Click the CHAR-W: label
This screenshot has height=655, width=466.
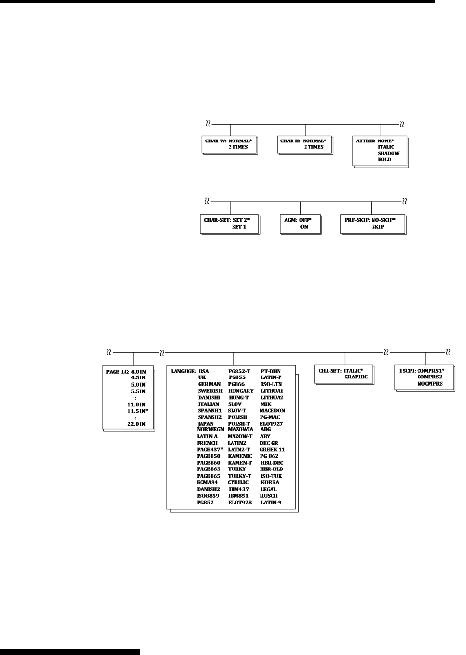tap(216, 140)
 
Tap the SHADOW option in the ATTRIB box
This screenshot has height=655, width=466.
tap(388, 153)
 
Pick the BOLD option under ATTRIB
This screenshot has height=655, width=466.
tap(384, 160)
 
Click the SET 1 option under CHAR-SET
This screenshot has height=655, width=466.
tap(239, 227)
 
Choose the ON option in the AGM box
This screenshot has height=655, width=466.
tap(304, 227)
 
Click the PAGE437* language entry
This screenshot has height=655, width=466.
tap(210, 449)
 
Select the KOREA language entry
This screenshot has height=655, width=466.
tap(270, 482)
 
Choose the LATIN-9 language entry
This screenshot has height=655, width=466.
tap(271, 502)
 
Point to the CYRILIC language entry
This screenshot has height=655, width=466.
tap(238, 482)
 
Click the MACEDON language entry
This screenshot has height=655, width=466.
tap(272, 411)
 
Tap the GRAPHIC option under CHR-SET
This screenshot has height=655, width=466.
tap(356, 377)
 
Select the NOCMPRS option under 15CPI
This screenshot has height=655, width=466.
tap(430, 383)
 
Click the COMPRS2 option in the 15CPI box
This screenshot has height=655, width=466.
tap(429, 377)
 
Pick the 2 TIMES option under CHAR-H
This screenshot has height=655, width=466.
tap(314, 147)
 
